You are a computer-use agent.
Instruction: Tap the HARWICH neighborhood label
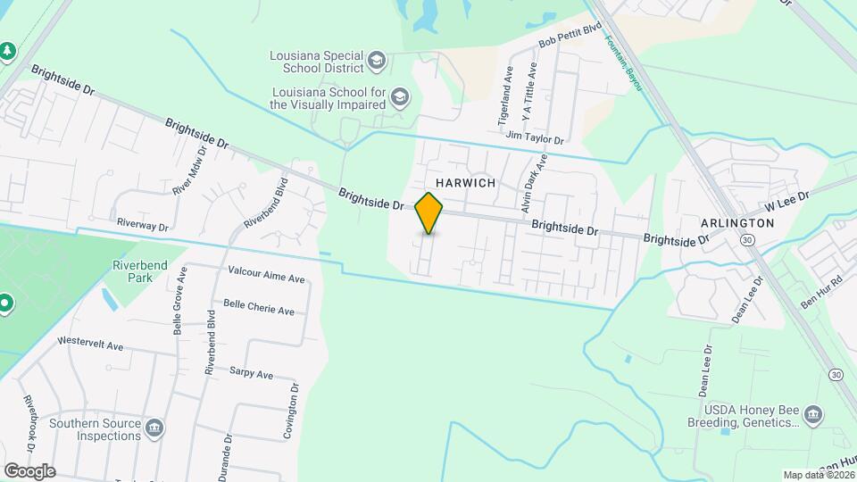465,182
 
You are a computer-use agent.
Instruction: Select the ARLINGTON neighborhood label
737,222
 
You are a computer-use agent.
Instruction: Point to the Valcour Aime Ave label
266,278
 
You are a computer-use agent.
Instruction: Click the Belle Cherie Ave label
259,310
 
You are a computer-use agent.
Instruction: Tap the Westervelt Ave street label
89,341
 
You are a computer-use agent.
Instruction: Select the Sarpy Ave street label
251,374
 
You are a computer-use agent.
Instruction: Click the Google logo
29,470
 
